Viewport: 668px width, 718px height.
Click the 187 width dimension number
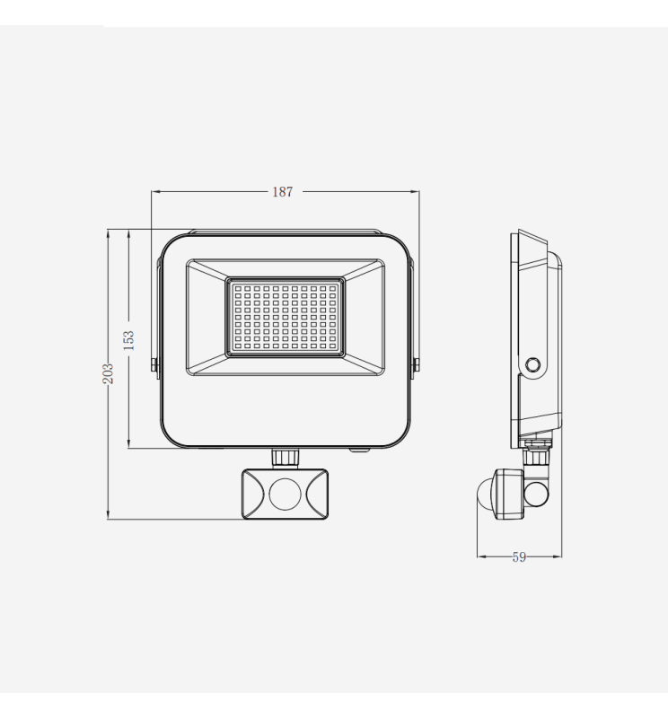pyautogui.click(x=283, y=191)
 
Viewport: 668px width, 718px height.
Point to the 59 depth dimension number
pyautogui.click(x=519, y=557)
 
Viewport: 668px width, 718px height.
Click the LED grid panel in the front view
pyautogui.click(x=285, y=316)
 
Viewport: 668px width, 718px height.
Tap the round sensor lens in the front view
pyautogui.click(x=285, y=493)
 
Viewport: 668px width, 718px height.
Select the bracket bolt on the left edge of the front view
pyautogui.click(x=155, y=363)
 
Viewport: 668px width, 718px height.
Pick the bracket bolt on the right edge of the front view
pyautogui.click(x=415, y=363)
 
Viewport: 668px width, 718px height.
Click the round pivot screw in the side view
pyautogui.click(x=533, y=365)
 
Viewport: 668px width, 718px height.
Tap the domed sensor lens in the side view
pyautogui.click(x=484, y=493)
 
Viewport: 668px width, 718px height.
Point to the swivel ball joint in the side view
pyautogui.click(x=538, y=492)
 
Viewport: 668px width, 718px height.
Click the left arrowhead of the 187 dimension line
pyautogui.click(x=154, y=191)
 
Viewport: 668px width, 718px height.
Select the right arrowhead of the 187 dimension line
pyautogui.click(x=416, y=191)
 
